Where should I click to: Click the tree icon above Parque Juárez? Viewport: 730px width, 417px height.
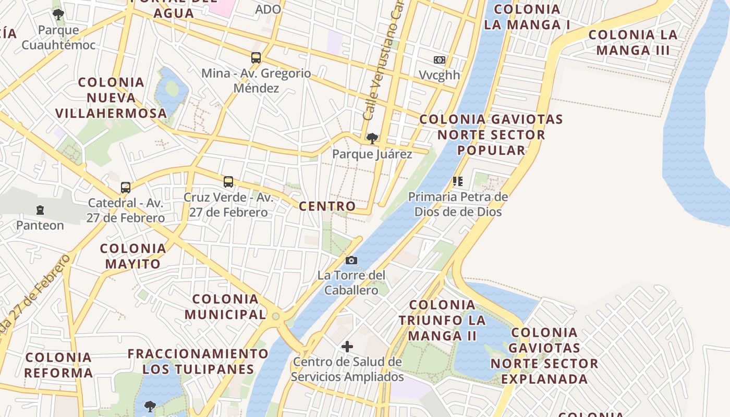point(372,138)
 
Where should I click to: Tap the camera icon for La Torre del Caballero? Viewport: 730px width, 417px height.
point(351,260)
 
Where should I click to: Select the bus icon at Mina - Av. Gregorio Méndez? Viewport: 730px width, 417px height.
point(256,58)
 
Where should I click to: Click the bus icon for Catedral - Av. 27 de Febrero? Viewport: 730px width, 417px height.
point(125,188)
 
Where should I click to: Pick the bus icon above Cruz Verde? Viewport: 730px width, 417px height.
point(228,182)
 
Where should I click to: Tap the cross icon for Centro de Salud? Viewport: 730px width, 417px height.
point(347,346)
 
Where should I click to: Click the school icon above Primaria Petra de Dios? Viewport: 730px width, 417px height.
point(457,181)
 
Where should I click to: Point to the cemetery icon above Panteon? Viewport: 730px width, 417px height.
point(40,210)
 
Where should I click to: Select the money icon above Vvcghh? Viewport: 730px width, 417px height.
point(440,60)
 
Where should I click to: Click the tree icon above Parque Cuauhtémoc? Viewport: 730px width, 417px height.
point(58,15)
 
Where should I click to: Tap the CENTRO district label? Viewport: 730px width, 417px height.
point(327,206)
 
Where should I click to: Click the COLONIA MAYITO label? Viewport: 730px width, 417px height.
point(133,256)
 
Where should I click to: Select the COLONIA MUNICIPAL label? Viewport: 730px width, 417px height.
point(225,307)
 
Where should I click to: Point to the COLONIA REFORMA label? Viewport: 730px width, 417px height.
point(58,365)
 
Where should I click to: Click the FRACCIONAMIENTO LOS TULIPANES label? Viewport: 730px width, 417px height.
point(198,362)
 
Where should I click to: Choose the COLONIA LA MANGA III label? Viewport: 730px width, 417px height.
point(633,43)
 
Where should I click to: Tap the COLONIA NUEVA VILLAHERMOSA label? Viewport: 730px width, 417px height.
point(111,97)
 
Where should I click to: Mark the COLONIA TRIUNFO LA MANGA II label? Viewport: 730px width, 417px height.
point(442,320)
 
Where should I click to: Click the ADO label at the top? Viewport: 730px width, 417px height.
point(268,9)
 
